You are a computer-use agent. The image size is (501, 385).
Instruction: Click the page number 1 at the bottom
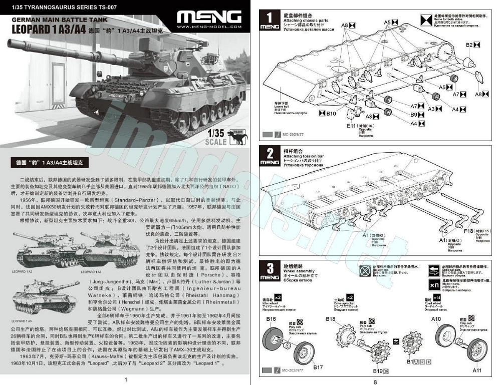coord(125,379)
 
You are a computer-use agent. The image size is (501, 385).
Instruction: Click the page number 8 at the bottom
coord(375,381)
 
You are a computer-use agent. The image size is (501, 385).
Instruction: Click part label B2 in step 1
coord(469,45)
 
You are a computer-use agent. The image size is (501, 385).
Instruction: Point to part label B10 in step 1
coord(331,113)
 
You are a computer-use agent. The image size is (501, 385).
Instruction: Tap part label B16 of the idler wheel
coord(271,319)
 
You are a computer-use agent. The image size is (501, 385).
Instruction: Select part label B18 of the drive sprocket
coord(331,319)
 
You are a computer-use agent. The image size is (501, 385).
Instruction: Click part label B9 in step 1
coord(414,115)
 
